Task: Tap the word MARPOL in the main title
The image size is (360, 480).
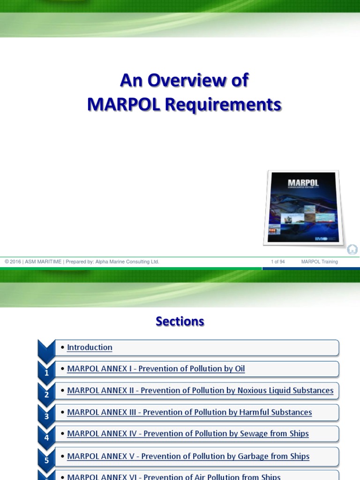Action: (x=118, y=105)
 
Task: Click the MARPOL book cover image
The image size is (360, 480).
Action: (x=304, y=207)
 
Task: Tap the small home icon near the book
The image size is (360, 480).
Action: (x=352, y=249)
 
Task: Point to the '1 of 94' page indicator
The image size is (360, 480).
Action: (x=278, y=262)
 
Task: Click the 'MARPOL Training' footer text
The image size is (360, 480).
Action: (x=319, y=262)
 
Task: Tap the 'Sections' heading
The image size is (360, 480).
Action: (x=180, y=322)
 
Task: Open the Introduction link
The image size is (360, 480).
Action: (x=90, y=347)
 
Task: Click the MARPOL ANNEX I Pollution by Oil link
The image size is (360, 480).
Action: (x=156, y=369)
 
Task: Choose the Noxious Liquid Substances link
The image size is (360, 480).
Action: (x=200, y=390)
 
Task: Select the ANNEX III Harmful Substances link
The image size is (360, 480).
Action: (x=189, y=412)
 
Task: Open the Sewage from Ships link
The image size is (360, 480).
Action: (x=187, y=434)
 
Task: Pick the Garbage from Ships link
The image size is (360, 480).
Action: (x=188, y=456)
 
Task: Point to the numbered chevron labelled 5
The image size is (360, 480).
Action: (x=46, y=460)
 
